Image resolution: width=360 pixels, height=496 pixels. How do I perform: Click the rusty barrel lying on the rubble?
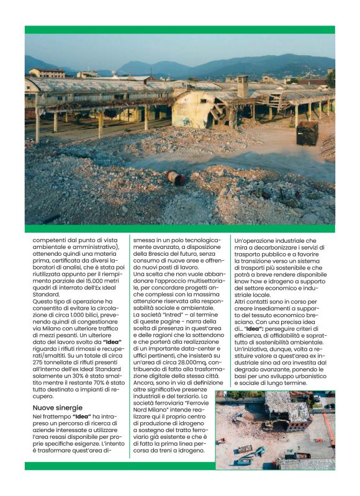click(x=176, y=178)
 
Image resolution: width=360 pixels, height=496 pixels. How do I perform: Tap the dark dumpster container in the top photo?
click(x=307, y=133)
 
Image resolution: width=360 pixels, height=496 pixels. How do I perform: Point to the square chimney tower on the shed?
click(x=243, y=86)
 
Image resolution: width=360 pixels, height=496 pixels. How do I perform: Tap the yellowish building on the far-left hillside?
click(x=47, y=73)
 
